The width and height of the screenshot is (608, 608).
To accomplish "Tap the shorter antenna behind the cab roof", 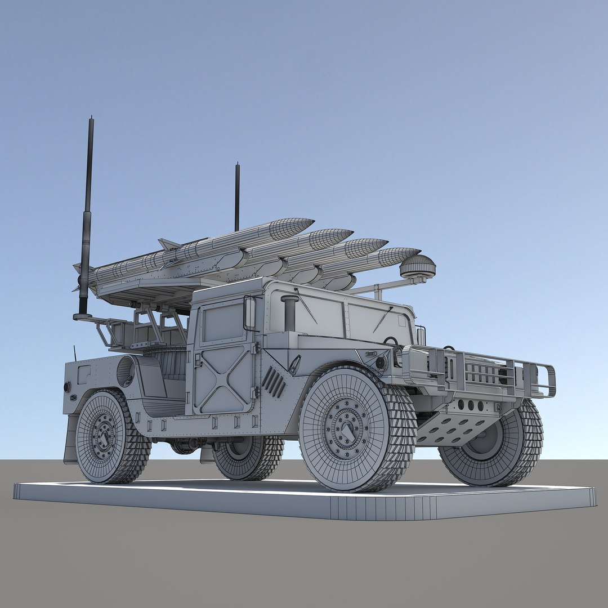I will tap(237, 197).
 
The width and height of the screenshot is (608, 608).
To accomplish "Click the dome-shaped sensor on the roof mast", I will tap(418, 267).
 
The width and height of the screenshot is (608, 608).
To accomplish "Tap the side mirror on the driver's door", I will tap(249, 313).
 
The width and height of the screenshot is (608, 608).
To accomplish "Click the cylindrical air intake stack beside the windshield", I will tap(289, 313).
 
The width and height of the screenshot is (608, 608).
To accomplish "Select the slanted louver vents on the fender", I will tap(274, 382).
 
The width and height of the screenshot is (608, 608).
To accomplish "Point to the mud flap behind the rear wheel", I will tap(71, 439).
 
